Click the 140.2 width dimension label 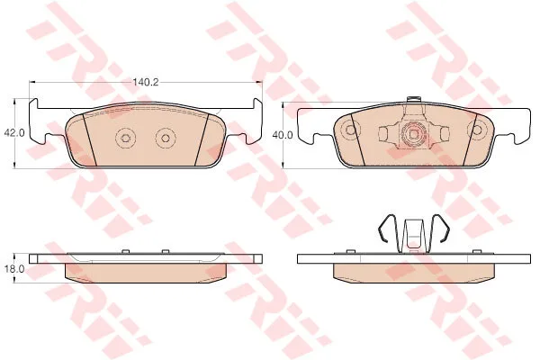pyautogui.click(x=146, y=82)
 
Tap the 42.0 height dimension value pyautogui.click(x=14, y=133)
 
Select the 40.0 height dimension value pyautogui.click(x=283, y=135)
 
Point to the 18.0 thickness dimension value pyautogui.click(x=14, y=269)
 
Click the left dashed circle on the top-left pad pyautogui.click(x=125, y=138)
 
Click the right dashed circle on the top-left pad pyautogui.click(x=166, y=138)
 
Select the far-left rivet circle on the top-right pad pyautogui.click(x=350, y=130)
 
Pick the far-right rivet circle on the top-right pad pyautogui.click(x=477, y=130)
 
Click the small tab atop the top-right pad pyautogui.click(x=414, y=99)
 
